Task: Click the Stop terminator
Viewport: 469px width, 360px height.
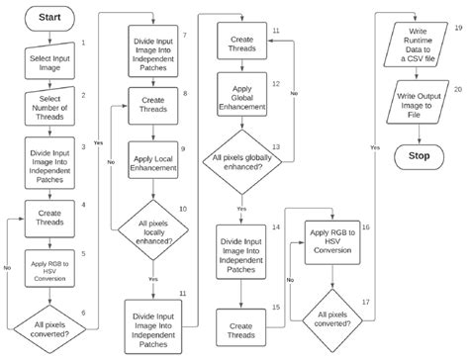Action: pos(419,155)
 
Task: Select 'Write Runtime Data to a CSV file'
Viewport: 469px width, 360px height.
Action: pos(419,45)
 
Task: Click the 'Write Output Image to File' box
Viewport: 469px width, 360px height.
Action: pos(419,103)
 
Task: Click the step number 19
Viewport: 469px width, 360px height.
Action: pos(458,31)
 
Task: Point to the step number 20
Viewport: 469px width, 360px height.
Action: pos(458,89)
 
